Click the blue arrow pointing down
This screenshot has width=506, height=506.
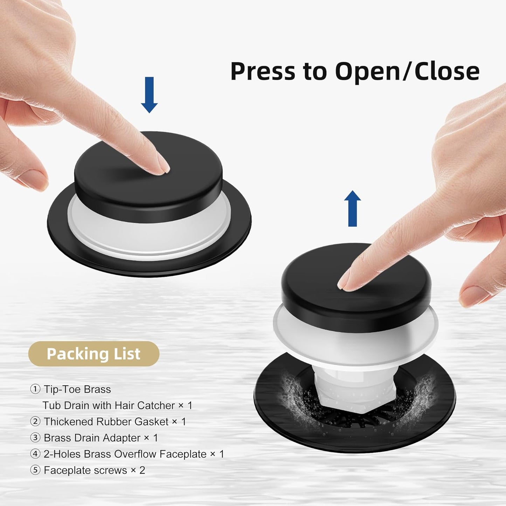(149, 95)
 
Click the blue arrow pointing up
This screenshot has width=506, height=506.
(352, 209)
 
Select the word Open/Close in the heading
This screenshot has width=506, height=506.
(407, 71)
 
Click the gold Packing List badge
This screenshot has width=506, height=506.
(93, 354)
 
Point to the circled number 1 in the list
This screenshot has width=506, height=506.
(35, 389)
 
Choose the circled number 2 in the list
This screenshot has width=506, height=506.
(35, 421)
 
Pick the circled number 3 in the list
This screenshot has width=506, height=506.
(35, 438)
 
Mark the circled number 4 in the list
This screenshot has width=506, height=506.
(35, 454)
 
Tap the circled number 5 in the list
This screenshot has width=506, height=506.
(35, 470)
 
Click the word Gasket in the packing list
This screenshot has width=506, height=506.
(151, 422)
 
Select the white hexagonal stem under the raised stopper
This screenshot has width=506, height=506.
(354, 385)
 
